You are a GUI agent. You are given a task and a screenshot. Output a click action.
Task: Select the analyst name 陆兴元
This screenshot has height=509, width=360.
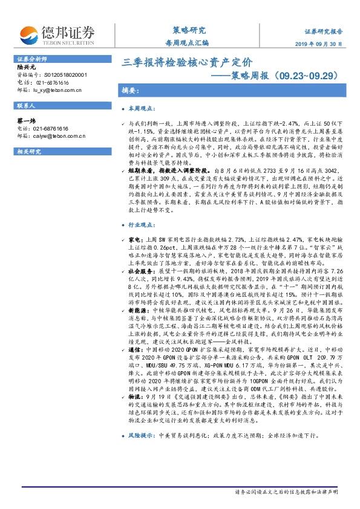click(x=27, y=67)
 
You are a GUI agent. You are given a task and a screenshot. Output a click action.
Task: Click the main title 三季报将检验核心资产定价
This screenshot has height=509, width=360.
click(x=188, y=62)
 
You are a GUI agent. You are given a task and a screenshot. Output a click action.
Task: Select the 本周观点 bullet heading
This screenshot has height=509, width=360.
click(x=142, y=108)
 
